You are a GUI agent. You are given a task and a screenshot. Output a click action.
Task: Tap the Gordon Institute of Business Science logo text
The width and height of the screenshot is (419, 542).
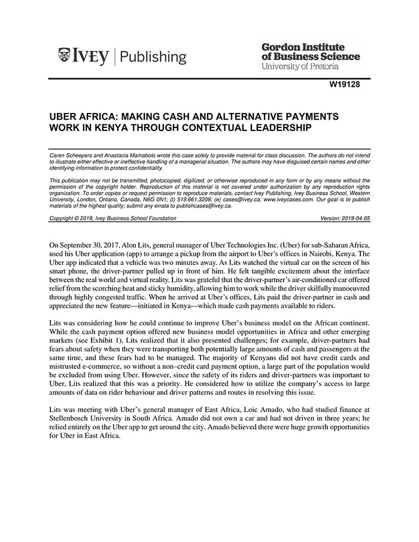(311, 51)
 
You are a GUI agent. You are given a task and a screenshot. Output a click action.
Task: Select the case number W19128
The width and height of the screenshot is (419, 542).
(344, 84)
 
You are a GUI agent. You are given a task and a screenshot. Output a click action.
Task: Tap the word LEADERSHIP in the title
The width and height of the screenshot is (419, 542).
(278, 127)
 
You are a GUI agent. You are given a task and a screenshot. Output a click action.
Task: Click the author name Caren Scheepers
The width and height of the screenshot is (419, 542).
(71, 156)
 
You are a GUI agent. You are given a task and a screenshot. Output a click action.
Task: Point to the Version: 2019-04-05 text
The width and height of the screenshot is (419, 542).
(345, 218)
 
